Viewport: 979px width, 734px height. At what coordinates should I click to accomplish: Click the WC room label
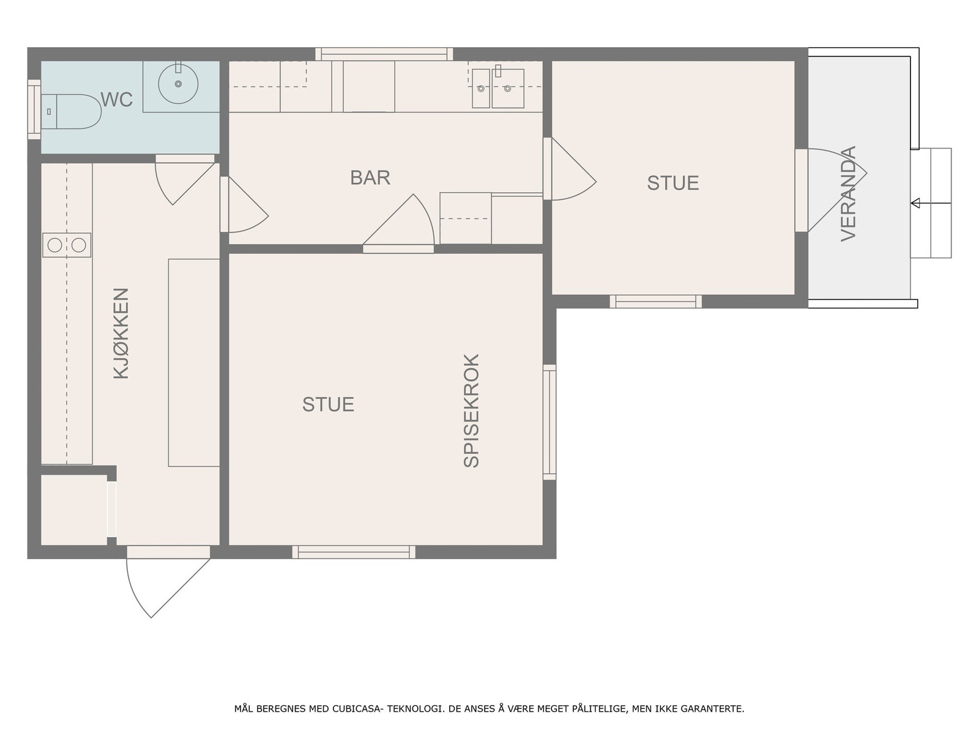tap(117, 100)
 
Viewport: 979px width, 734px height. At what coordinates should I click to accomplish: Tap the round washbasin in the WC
tap(178, 84)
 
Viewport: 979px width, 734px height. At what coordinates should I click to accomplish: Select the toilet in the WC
tap(72, 111)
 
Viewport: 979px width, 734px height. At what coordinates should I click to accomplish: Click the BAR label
tap(370, 178)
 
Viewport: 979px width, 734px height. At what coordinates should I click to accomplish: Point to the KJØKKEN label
tap(121, 333)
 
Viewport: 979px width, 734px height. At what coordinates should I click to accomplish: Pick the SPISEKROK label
tap(471, 410)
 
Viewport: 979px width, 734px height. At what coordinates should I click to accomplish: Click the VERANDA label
tap(848, 193)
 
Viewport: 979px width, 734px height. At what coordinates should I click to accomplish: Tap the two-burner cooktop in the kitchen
tap(67, 245)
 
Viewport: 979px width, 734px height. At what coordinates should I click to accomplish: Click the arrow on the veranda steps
tap(931, 203)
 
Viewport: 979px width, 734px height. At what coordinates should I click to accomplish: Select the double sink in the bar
tap(498, 88)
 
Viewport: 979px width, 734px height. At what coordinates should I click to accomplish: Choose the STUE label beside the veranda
tap(673, 183)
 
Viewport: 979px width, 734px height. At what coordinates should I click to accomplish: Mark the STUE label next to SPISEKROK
tap(328, 405)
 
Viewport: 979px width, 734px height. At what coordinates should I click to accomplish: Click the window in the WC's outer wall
tap(34, 109)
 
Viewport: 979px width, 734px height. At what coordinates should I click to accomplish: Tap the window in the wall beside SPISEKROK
tap(549, 422)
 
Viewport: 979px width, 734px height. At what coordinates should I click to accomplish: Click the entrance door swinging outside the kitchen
tap(168, 582)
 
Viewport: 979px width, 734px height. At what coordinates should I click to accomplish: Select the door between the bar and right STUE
tap(570, 168)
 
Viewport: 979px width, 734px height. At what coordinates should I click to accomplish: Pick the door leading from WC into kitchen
tap(185, 180)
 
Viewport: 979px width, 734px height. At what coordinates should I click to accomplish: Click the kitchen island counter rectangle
tap(194, 363)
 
